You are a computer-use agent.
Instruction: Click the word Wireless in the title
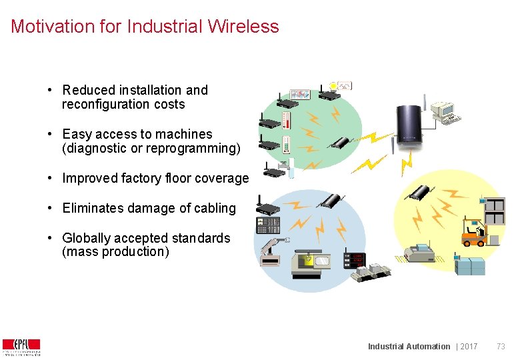243,27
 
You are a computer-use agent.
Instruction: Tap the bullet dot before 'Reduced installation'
50,90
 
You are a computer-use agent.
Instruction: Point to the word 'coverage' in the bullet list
223,178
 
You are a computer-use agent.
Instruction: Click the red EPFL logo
21,345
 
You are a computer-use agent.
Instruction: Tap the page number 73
501,346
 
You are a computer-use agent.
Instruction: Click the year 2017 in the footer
469,346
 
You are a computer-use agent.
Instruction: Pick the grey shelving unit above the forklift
495,211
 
